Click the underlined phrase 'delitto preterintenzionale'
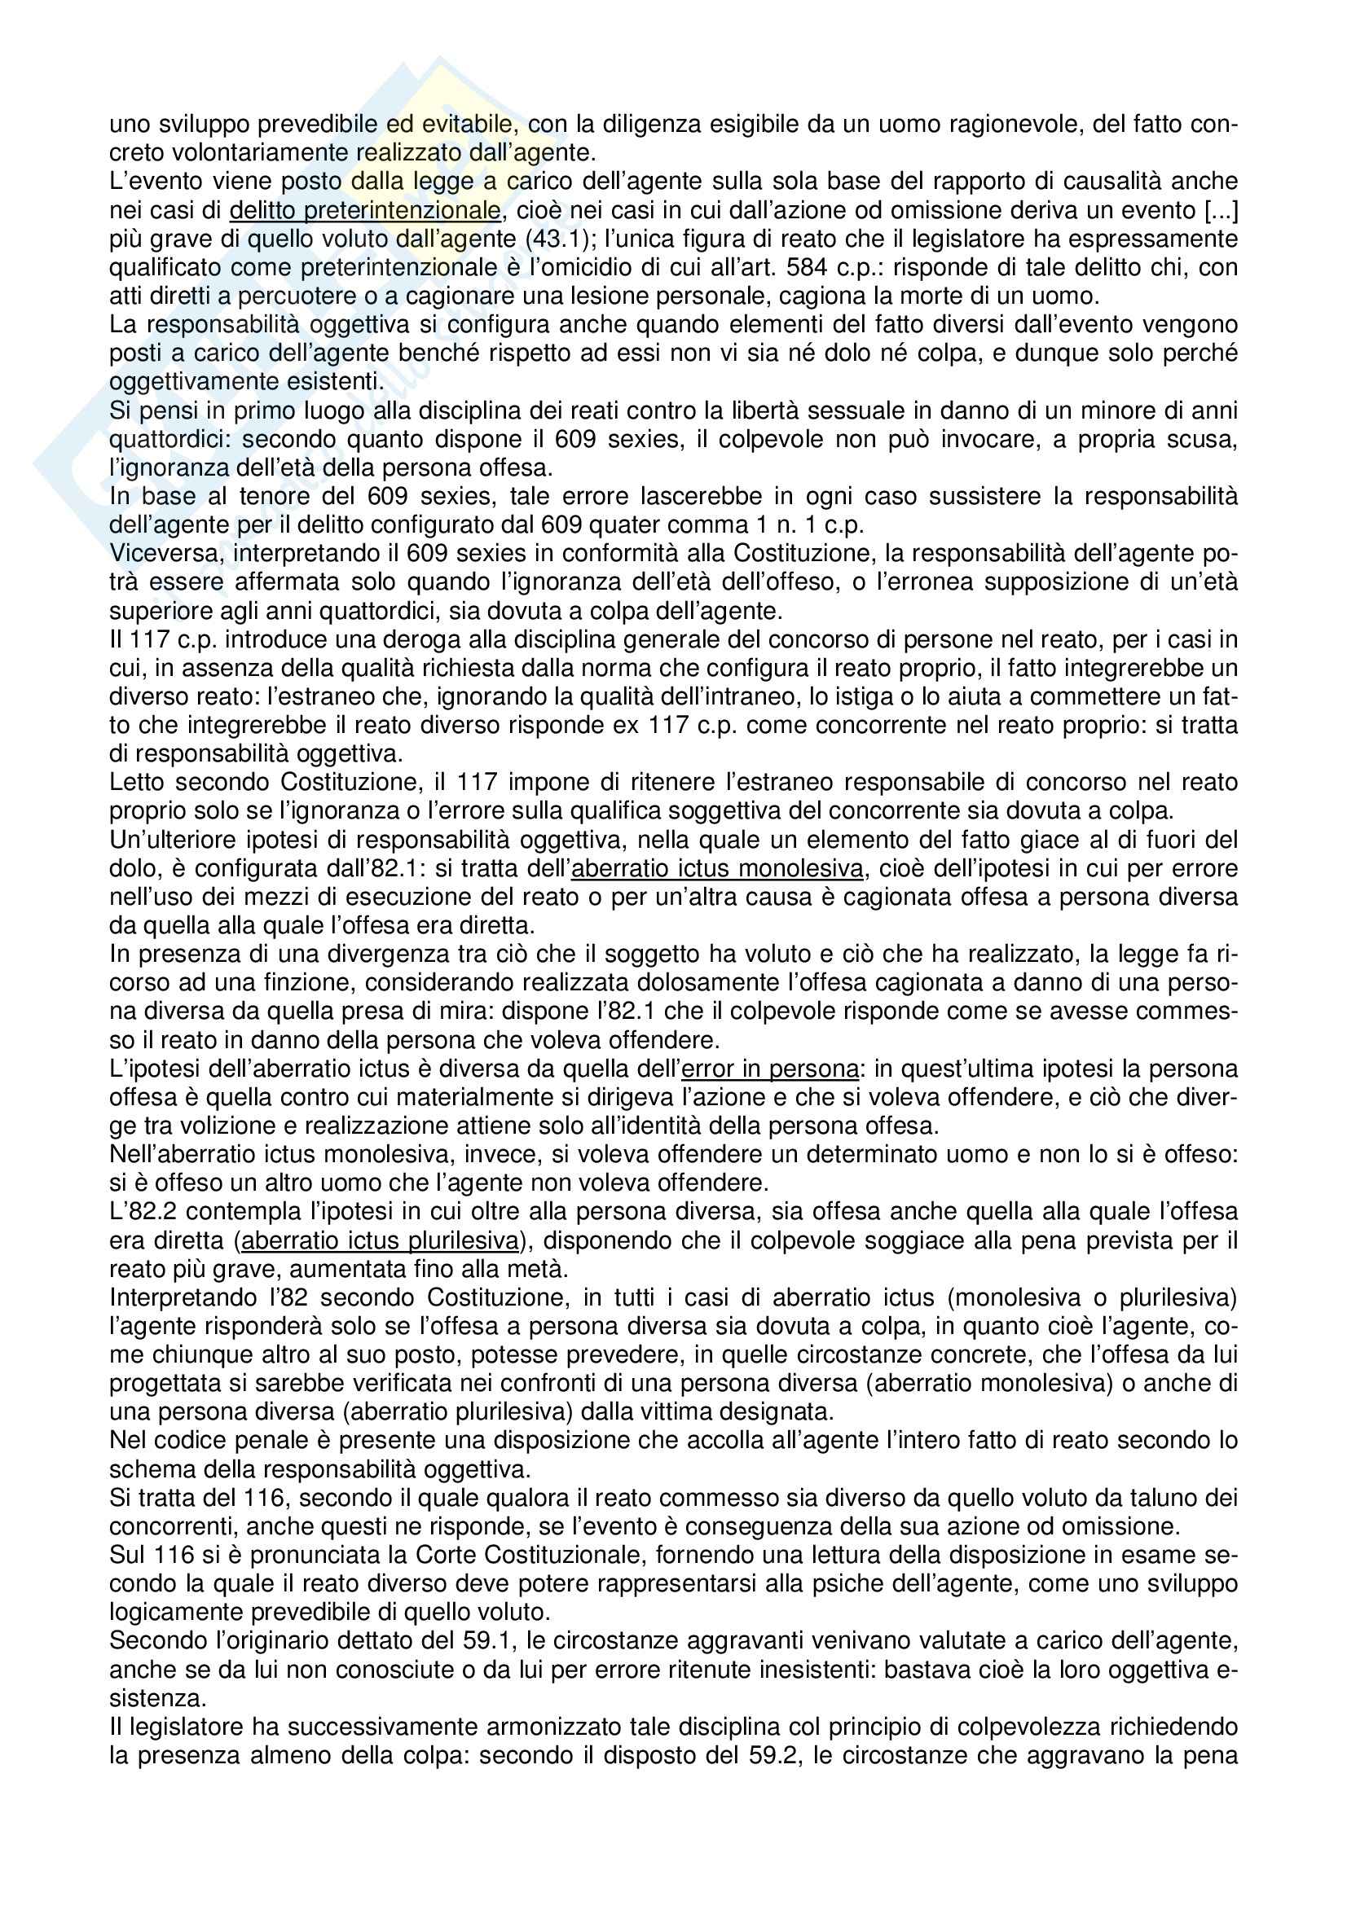click(365, 211)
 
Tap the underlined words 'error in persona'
click(768, 1068)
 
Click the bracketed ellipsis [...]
click(1219, 211)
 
